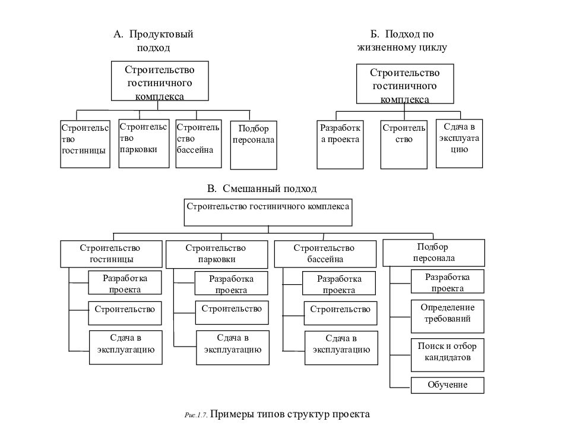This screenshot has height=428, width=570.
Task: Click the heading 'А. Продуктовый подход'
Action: [x=153, y=40]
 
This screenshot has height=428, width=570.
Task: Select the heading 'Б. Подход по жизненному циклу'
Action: [x=402, y=40]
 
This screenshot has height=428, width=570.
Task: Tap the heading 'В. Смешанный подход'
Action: [x=262, y=188]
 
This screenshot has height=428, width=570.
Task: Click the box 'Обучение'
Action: [x=448, y=385]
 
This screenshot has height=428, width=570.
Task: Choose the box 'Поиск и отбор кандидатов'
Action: [x=448, y=355]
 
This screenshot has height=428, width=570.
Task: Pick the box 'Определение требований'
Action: [x=448, y=316]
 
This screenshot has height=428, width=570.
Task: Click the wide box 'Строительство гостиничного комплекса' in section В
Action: [x=268, y=212]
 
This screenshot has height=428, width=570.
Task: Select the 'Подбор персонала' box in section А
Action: [x=254, y=145]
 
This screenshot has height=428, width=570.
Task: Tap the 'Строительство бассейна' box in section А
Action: [x=198, y=144]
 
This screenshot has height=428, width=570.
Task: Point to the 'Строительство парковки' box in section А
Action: [x=144, y=143]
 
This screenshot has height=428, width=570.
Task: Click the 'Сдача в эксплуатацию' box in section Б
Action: [x=459, y=143]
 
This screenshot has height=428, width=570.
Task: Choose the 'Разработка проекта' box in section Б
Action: [x=340, y=144]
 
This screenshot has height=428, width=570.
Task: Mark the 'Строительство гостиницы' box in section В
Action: [x=111, y=254]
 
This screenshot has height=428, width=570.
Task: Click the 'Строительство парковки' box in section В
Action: [x=217, y=254]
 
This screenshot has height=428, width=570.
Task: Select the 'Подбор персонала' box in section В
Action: [x=433, y=253]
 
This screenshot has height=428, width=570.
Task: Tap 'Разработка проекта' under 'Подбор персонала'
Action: [x=448, y=281]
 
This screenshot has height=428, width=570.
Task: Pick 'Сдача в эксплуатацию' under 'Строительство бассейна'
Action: [x=341, y=348]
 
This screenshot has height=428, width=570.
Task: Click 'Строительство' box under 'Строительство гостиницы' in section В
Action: [x=125, y=313]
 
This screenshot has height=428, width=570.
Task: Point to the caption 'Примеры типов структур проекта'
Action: [x=290, y=414]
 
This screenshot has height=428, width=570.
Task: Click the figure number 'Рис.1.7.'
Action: [x=196, y=416]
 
